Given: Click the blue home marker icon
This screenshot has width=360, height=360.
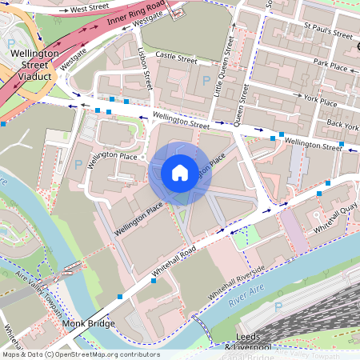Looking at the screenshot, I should (x=180, y=172).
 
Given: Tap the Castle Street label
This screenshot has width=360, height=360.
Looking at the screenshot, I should (x=176, y=58).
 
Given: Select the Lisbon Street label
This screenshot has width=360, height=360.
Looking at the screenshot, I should (x=146, y=73).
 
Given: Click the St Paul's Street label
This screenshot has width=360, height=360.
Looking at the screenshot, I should (x=328, y=35).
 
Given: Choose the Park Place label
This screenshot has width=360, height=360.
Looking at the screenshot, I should (x=331, y=65).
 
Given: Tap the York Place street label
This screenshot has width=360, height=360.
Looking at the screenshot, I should (x=320, y=100).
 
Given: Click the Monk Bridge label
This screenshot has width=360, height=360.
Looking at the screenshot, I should (x=88, y=324).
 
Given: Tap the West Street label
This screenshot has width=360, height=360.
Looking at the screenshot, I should (x=89, y=9).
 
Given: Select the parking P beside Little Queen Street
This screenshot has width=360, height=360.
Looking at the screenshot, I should (x=206, y=80).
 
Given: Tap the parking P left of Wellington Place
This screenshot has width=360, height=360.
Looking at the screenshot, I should (x=78, y=164).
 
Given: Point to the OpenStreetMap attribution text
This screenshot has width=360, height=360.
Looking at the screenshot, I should (x=80, y=354).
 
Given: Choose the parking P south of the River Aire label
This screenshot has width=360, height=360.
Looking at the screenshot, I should (x=278, y=307).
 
